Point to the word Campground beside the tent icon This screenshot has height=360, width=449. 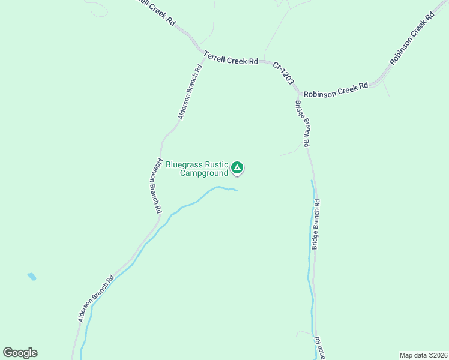tap(204, 173)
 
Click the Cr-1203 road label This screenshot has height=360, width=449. tap(283, 73)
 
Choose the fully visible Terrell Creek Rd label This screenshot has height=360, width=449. tap(231, 58)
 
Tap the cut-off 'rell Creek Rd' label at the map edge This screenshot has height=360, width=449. tap(155, 11)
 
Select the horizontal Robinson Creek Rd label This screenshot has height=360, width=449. tap(336, 91)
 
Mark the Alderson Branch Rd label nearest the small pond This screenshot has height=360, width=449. tap(96, 298)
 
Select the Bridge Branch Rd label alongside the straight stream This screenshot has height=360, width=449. tap(316, 224)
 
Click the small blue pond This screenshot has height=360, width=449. tap(31, 277)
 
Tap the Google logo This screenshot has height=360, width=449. tap(20, 353)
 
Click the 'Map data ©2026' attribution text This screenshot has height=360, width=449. tap(423, 355)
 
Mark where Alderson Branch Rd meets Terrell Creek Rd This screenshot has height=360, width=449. tap(201, 53)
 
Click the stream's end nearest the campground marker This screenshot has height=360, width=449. tap(237, 191)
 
